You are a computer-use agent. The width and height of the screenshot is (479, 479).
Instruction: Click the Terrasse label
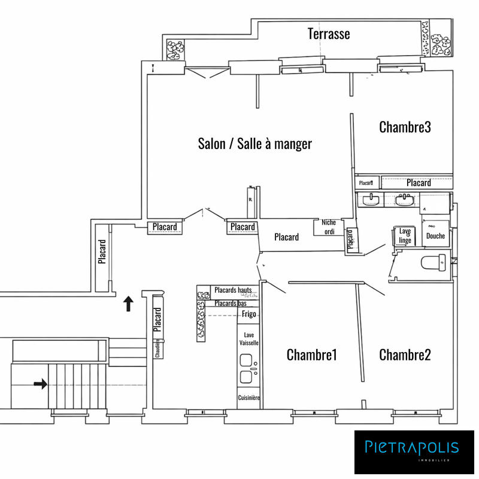click(329, 34)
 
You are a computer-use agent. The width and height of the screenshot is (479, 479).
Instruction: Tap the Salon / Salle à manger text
click(254, 144)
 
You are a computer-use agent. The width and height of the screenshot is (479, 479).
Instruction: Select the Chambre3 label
click(405, 127)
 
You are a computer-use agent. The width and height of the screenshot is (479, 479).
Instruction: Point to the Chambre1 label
click(311, 355)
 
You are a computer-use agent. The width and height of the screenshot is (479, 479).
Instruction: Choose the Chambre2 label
click(405, 355)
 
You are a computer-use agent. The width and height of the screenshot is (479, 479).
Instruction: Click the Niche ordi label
click(329, 227)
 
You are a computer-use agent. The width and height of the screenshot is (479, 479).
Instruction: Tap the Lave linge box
click(405, 236)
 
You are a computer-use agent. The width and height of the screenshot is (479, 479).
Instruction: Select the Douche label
click(435, 236)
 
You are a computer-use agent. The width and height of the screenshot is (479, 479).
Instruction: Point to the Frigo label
click(249, 314)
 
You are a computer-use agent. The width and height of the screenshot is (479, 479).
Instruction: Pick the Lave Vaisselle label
click(248, 339)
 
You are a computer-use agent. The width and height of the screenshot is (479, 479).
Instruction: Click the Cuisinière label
click(248, 398)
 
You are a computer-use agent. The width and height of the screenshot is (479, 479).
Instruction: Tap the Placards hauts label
click(232, 290)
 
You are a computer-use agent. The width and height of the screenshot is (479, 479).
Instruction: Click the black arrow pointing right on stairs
click(41, 384)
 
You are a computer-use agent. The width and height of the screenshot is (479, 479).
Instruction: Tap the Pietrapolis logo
click(413, 448)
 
